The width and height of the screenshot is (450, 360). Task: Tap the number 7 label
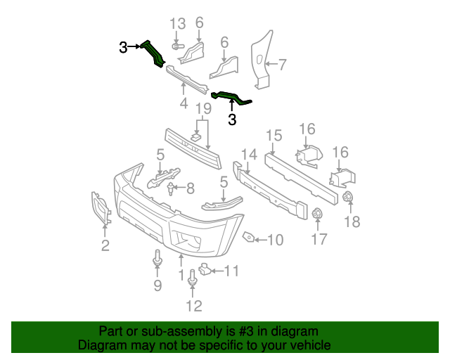coord(282,65)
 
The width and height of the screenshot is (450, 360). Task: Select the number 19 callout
coord(203,109)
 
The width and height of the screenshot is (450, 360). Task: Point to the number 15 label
coord(274,136)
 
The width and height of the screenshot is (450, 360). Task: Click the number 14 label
coord(249,154)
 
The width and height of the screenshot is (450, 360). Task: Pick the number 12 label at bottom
coord(193,305)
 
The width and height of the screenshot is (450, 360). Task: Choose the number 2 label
coord(105,245)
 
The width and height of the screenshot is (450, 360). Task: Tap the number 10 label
coord(274,240)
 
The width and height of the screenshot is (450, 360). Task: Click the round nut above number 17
coord(316,214)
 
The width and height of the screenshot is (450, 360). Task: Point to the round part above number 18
coord(347,198)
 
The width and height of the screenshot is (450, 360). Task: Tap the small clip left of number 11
coord(204,268)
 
